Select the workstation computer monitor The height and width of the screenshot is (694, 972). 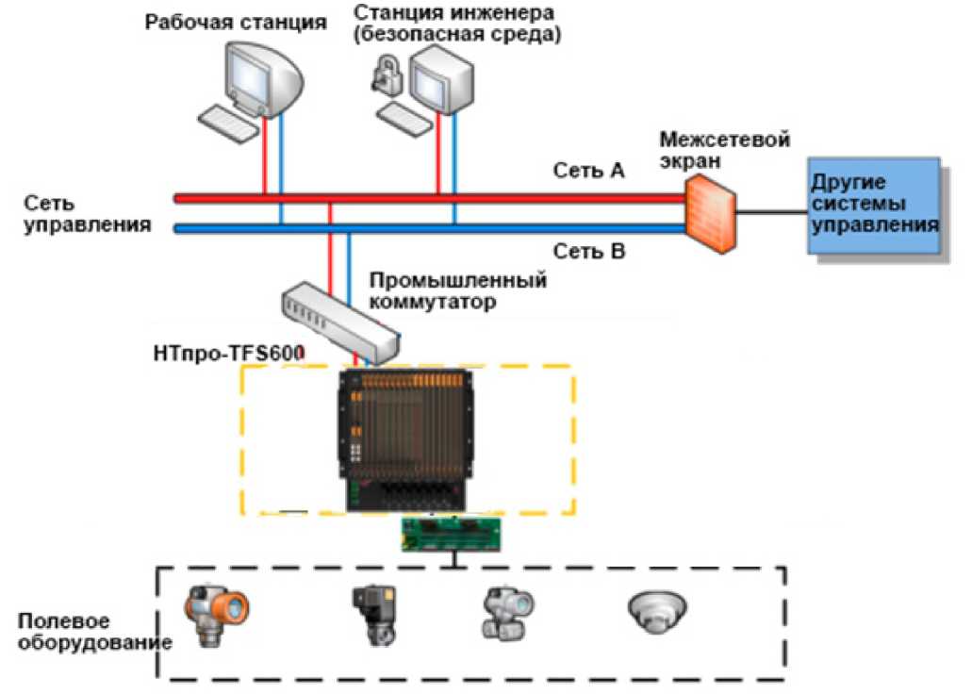click(263, 77)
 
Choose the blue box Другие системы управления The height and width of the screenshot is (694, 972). click(872, 207)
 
